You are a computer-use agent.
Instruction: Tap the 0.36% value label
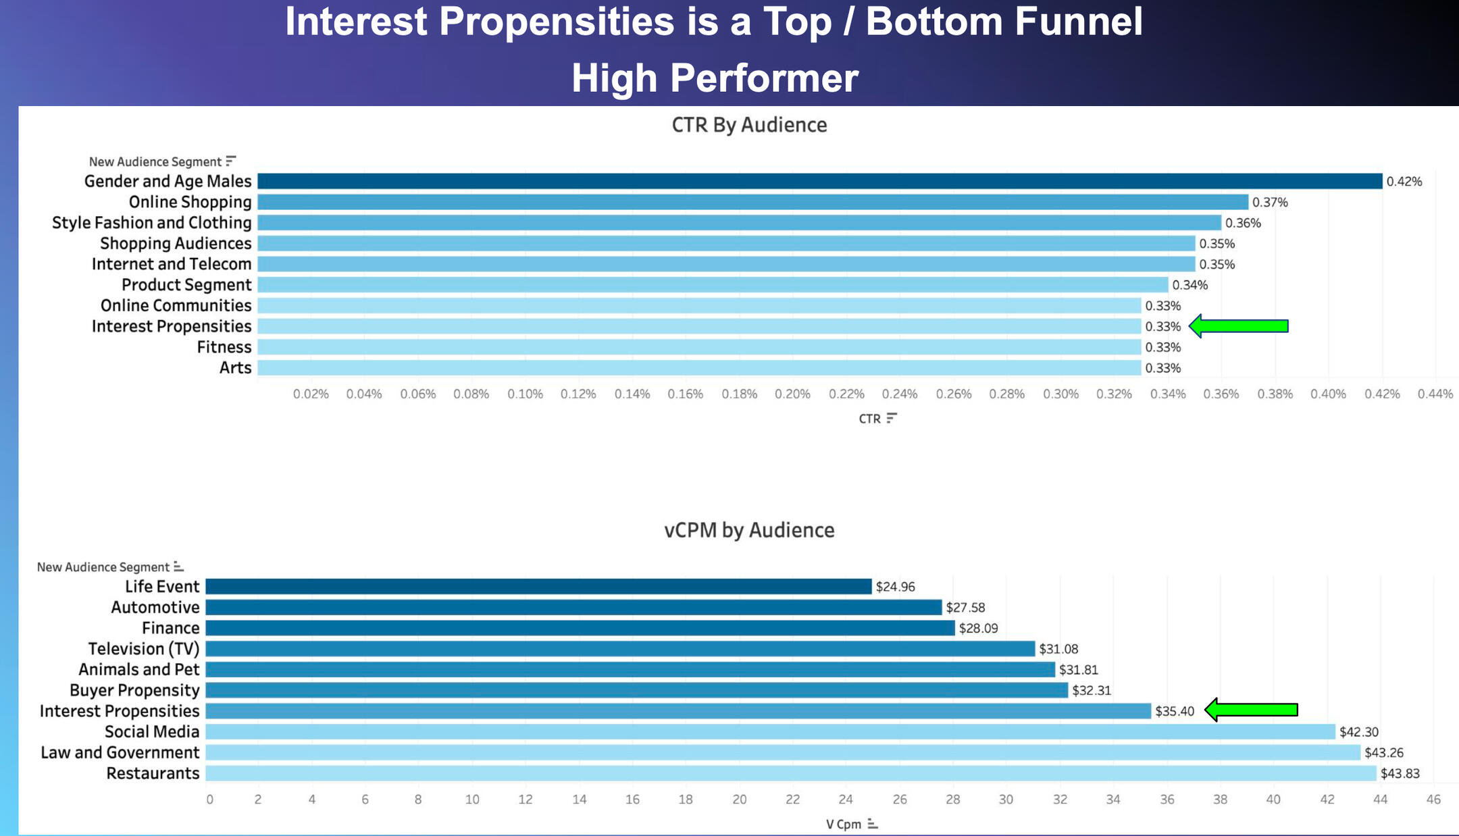[1243, 223]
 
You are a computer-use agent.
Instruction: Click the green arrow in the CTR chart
[1239, 326]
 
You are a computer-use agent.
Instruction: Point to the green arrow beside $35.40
[1251, 710]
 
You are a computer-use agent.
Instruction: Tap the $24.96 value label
[895, 587]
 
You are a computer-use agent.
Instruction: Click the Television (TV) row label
[144, 649]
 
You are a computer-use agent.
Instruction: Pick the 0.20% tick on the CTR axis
[792, 394]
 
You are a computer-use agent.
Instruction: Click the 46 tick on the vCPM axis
[1433, 800]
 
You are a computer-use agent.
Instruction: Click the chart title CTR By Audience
[749, 125]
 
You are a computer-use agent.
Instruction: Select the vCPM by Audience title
[749, 530]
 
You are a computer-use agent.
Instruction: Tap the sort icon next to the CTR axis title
[892, 418]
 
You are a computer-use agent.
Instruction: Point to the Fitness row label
[224, 347]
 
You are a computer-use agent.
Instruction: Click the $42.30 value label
[1359, 732]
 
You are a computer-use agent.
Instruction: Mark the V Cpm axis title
[844, 824]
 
